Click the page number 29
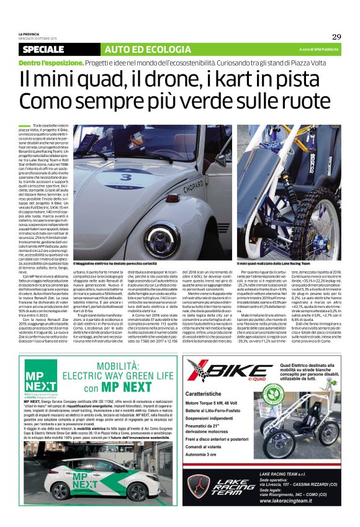(335, 37)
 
